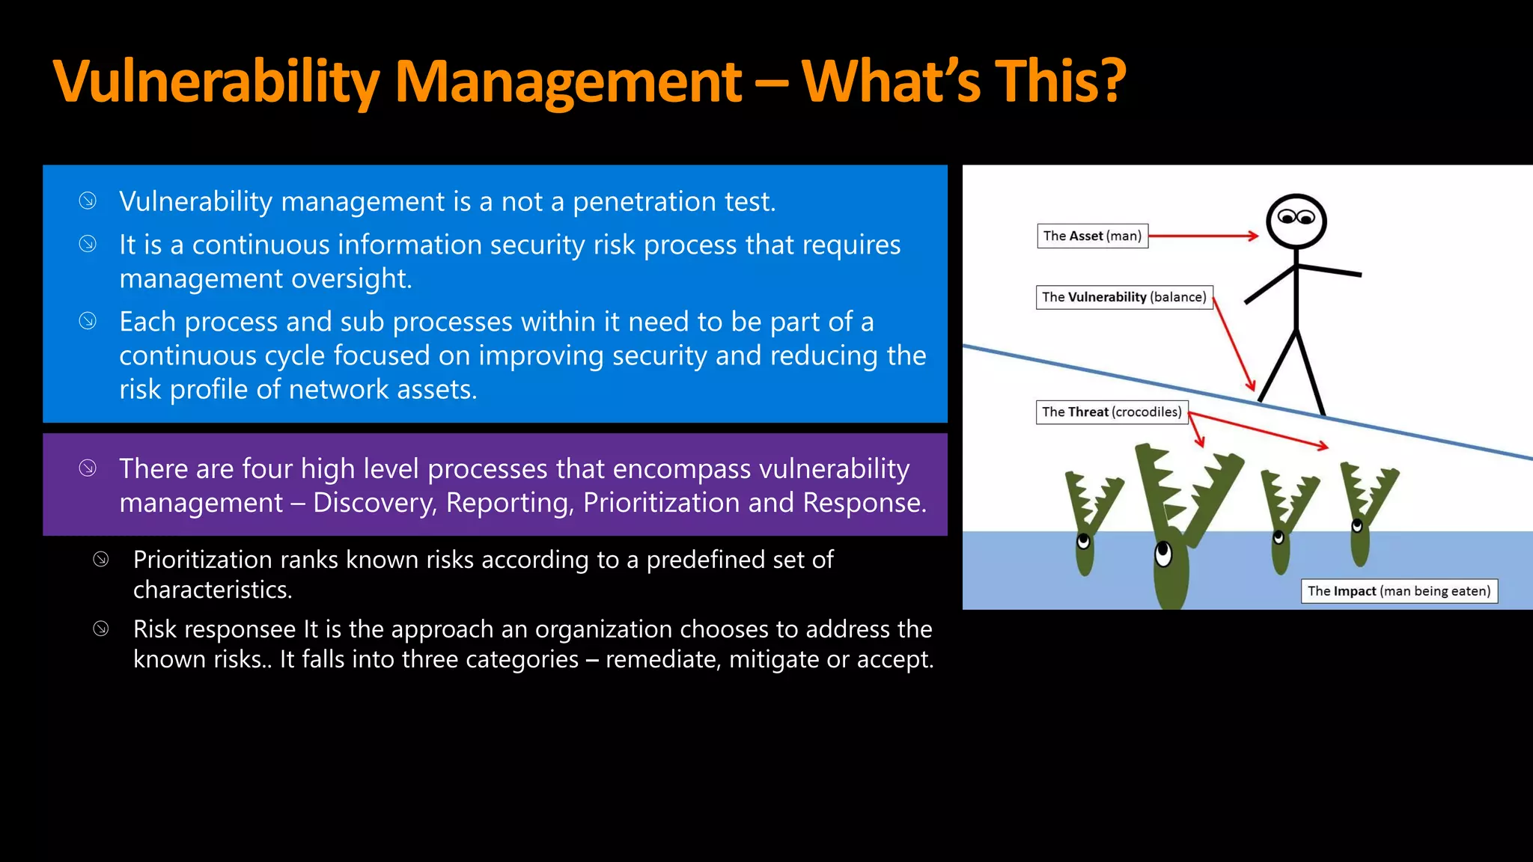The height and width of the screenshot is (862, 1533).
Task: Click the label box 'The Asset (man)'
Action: coord(1092,236)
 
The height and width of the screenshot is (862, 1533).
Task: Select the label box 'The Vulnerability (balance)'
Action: coord(1124,297)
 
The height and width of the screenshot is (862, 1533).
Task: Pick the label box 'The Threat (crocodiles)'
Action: coord(1112,412)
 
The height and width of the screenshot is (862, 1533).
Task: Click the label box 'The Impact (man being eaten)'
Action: coord(1398,590)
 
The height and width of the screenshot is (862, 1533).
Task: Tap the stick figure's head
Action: coord(1296,221)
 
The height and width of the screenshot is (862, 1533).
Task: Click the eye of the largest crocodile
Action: coord(1163,553)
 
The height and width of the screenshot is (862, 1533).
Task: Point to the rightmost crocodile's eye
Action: coord(1357,527)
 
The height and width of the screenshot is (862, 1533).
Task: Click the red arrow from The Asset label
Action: coord(1202,236)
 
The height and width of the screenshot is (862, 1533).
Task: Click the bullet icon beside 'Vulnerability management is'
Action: coord(88,201)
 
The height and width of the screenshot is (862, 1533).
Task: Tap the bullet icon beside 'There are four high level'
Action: coord(88,468)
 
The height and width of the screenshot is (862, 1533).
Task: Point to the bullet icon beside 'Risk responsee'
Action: coord(101,629)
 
